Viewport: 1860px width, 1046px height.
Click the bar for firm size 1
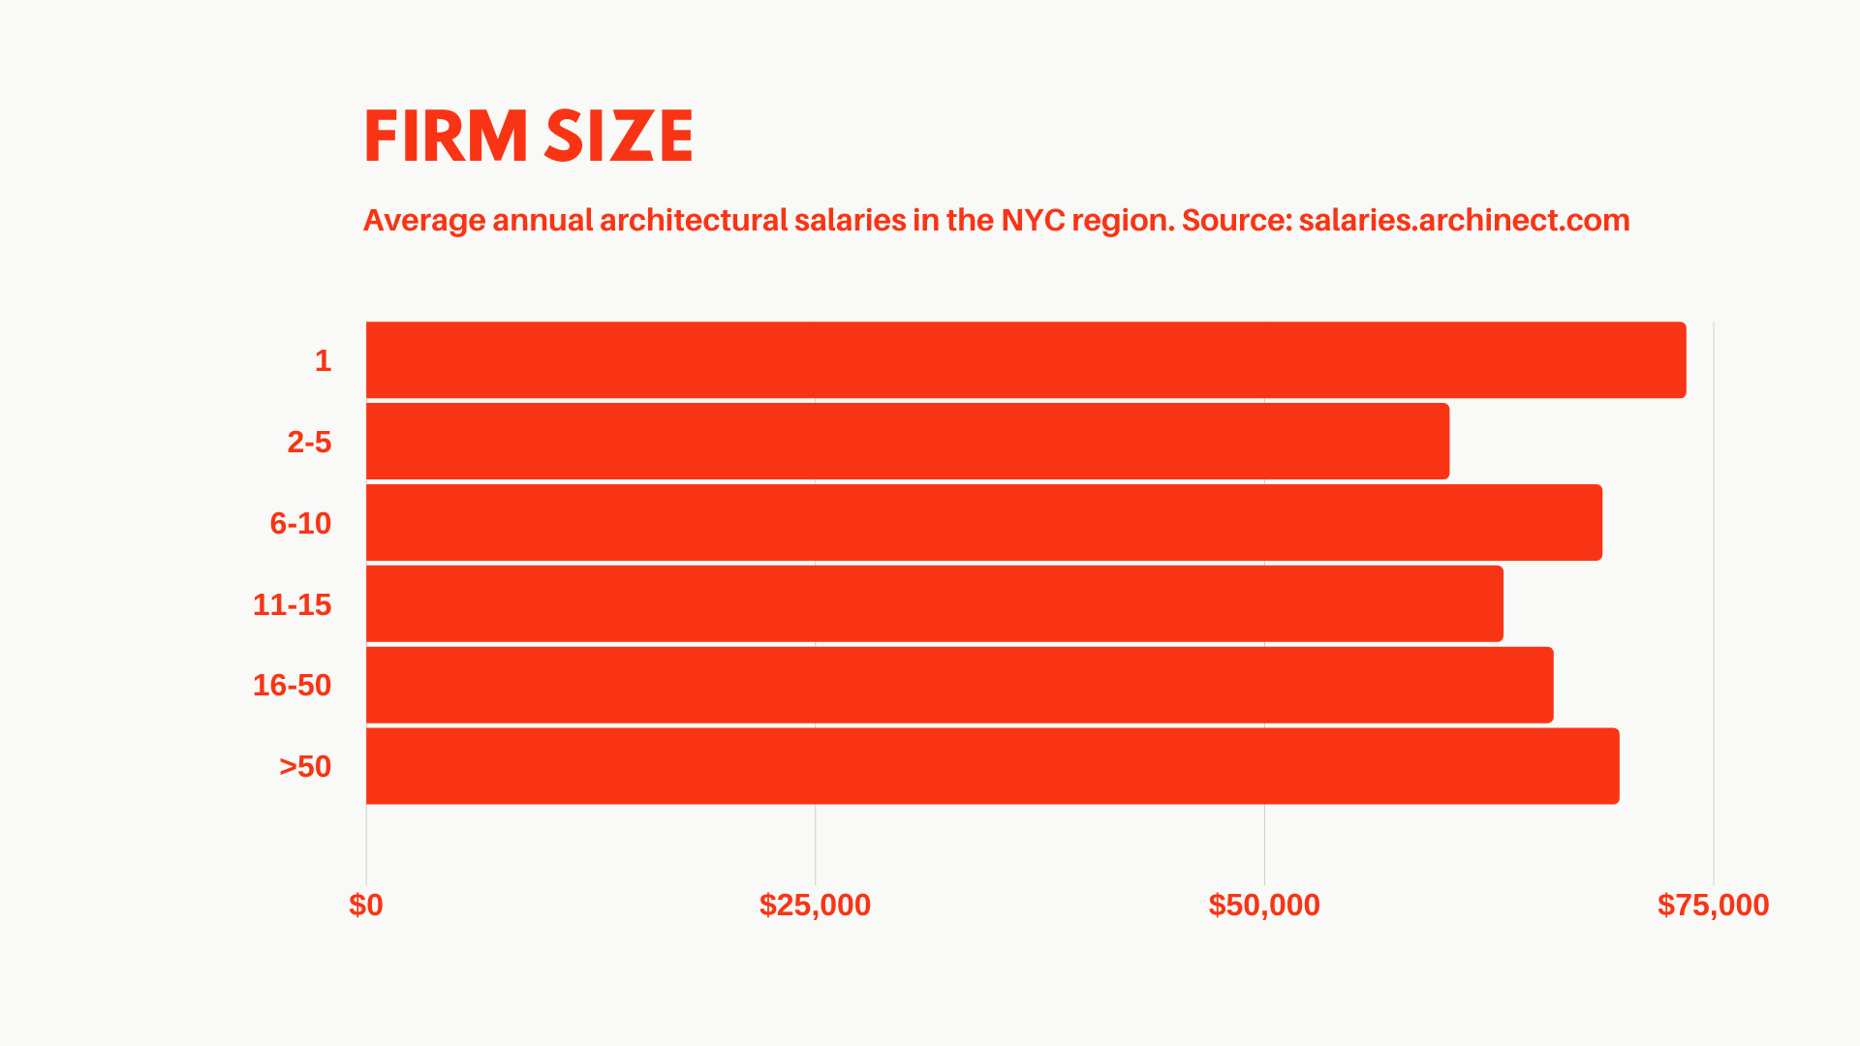coord(1025,360)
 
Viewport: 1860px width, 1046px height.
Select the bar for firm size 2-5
coord(907,442)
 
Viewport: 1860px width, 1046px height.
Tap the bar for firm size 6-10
coord(983,523)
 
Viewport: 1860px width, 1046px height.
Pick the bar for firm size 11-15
coord(934,604)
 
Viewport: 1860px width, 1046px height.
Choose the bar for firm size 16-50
coord(959,685)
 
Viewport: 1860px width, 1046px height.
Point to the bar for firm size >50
coord(992,766)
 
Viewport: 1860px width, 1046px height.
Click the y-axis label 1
coord(323,361)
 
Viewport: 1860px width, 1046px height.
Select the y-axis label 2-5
coord(309,443)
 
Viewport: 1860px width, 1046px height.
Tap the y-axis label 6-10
coord(300,524)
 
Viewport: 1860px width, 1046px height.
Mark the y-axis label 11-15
coord(292,605)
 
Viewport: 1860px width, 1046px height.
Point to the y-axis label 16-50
coord(292,686)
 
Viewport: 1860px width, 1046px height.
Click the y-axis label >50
coord(305,767)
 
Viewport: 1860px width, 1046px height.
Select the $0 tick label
coord(366,905)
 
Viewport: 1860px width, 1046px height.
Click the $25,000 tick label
coord(815,905)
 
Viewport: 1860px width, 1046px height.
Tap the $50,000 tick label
coord(1264,905)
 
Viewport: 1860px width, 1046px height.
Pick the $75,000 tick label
coord(1713,905)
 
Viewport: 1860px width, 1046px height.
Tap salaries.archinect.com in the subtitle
coord(1464,221)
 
